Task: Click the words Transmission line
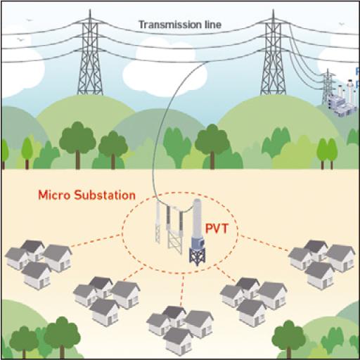point(179,25)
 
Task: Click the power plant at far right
point(340,98)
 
